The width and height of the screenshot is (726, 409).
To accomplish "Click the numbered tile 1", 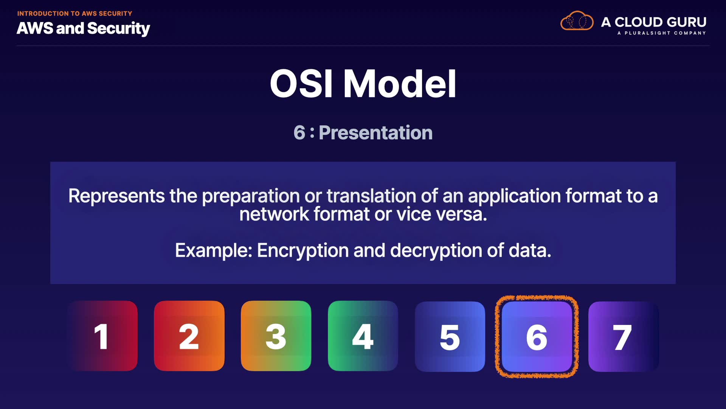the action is point(102,336).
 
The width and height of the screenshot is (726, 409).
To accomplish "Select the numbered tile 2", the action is point(189,336).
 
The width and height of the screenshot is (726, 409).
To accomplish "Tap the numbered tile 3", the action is point(276,336).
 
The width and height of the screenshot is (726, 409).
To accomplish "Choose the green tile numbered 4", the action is point(363,336).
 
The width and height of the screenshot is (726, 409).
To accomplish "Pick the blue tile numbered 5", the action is point(450,337).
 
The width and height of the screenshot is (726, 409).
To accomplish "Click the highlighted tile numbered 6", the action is point(537,337).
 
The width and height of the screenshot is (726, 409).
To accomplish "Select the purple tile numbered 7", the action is point(624,337).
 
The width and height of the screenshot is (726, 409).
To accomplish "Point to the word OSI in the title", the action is point(301,84).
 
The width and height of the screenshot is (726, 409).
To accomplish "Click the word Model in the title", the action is point(400,84).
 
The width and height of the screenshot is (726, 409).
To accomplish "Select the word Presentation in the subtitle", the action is point(375,133).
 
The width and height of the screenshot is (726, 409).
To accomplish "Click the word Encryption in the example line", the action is point(303,251).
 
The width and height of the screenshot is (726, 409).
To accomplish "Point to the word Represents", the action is point(116,196).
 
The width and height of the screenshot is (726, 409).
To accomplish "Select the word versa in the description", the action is point(462,214).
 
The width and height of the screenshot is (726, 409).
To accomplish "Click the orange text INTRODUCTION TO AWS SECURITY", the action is point(74,14).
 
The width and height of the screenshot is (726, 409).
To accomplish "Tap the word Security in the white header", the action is point(118,28).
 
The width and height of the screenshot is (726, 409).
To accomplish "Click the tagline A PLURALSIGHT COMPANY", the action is point(661,33).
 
